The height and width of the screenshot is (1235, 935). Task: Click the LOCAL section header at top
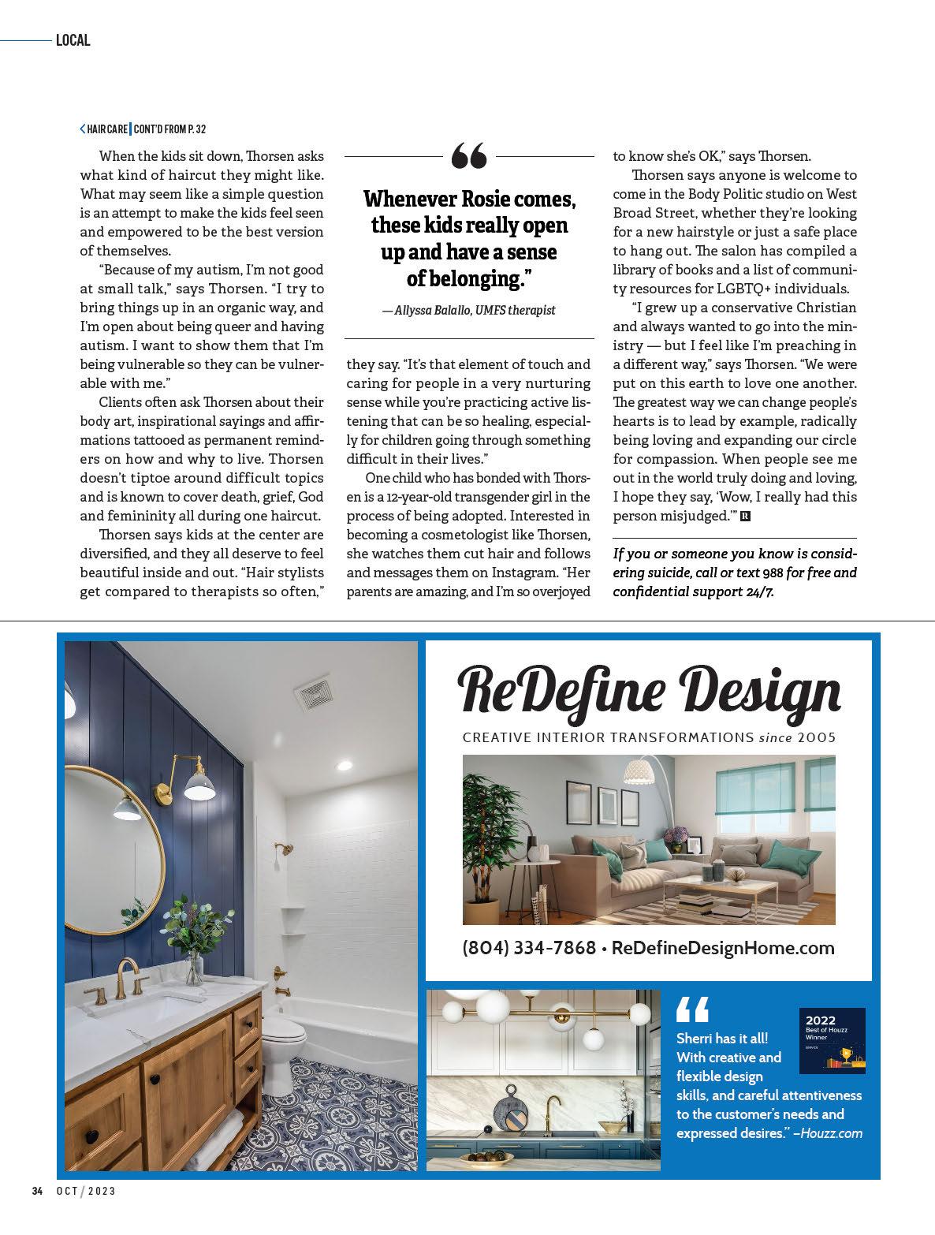73,40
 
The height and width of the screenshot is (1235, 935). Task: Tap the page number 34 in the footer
37,1213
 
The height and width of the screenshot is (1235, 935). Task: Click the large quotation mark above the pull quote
469,156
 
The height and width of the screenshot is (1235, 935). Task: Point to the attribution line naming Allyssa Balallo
469,311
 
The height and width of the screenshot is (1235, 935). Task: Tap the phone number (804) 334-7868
529,947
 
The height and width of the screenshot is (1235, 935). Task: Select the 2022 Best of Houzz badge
832,1040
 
